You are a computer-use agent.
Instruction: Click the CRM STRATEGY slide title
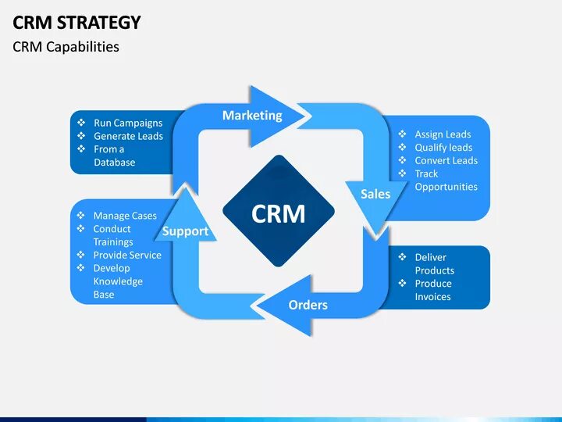[x=76, y=22]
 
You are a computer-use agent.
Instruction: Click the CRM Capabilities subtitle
[x=66, y=47]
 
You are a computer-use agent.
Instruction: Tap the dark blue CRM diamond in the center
[x=279, y=213]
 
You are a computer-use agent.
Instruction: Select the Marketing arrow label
[x=252, y=116]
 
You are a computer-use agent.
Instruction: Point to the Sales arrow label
[x=375, y=194]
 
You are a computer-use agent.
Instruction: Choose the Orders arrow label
[x=308, y=305]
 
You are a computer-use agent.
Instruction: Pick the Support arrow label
[x=185, y=231]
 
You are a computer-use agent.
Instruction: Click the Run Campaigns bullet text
[x=128, y=123]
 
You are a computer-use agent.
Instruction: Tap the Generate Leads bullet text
[x=128, y=136]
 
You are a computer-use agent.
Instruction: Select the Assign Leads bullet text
[x=443, y=134]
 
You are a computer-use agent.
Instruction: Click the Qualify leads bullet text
[x=443, y=148]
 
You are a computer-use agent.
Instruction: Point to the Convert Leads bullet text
[x=446, y=161]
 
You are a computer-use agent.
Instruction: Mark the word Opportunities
[x=446, y=187]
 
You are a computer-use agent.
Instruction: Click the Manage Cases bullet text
[x=125, y=216]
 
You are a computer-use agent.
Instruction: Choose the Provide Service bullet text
[x=127, y=255]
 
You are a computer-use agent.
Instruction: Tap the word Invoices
[x=432, y=297]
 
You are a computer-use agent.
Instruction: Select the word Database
[x=114, y=163]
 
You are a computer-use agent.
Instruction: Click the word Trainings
[x=113, y=242]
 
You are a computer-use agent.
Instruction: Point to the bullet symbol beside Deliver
[x=402, y=257]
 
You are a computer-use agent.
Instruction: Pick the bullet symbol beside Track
[x=402, y=173]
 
